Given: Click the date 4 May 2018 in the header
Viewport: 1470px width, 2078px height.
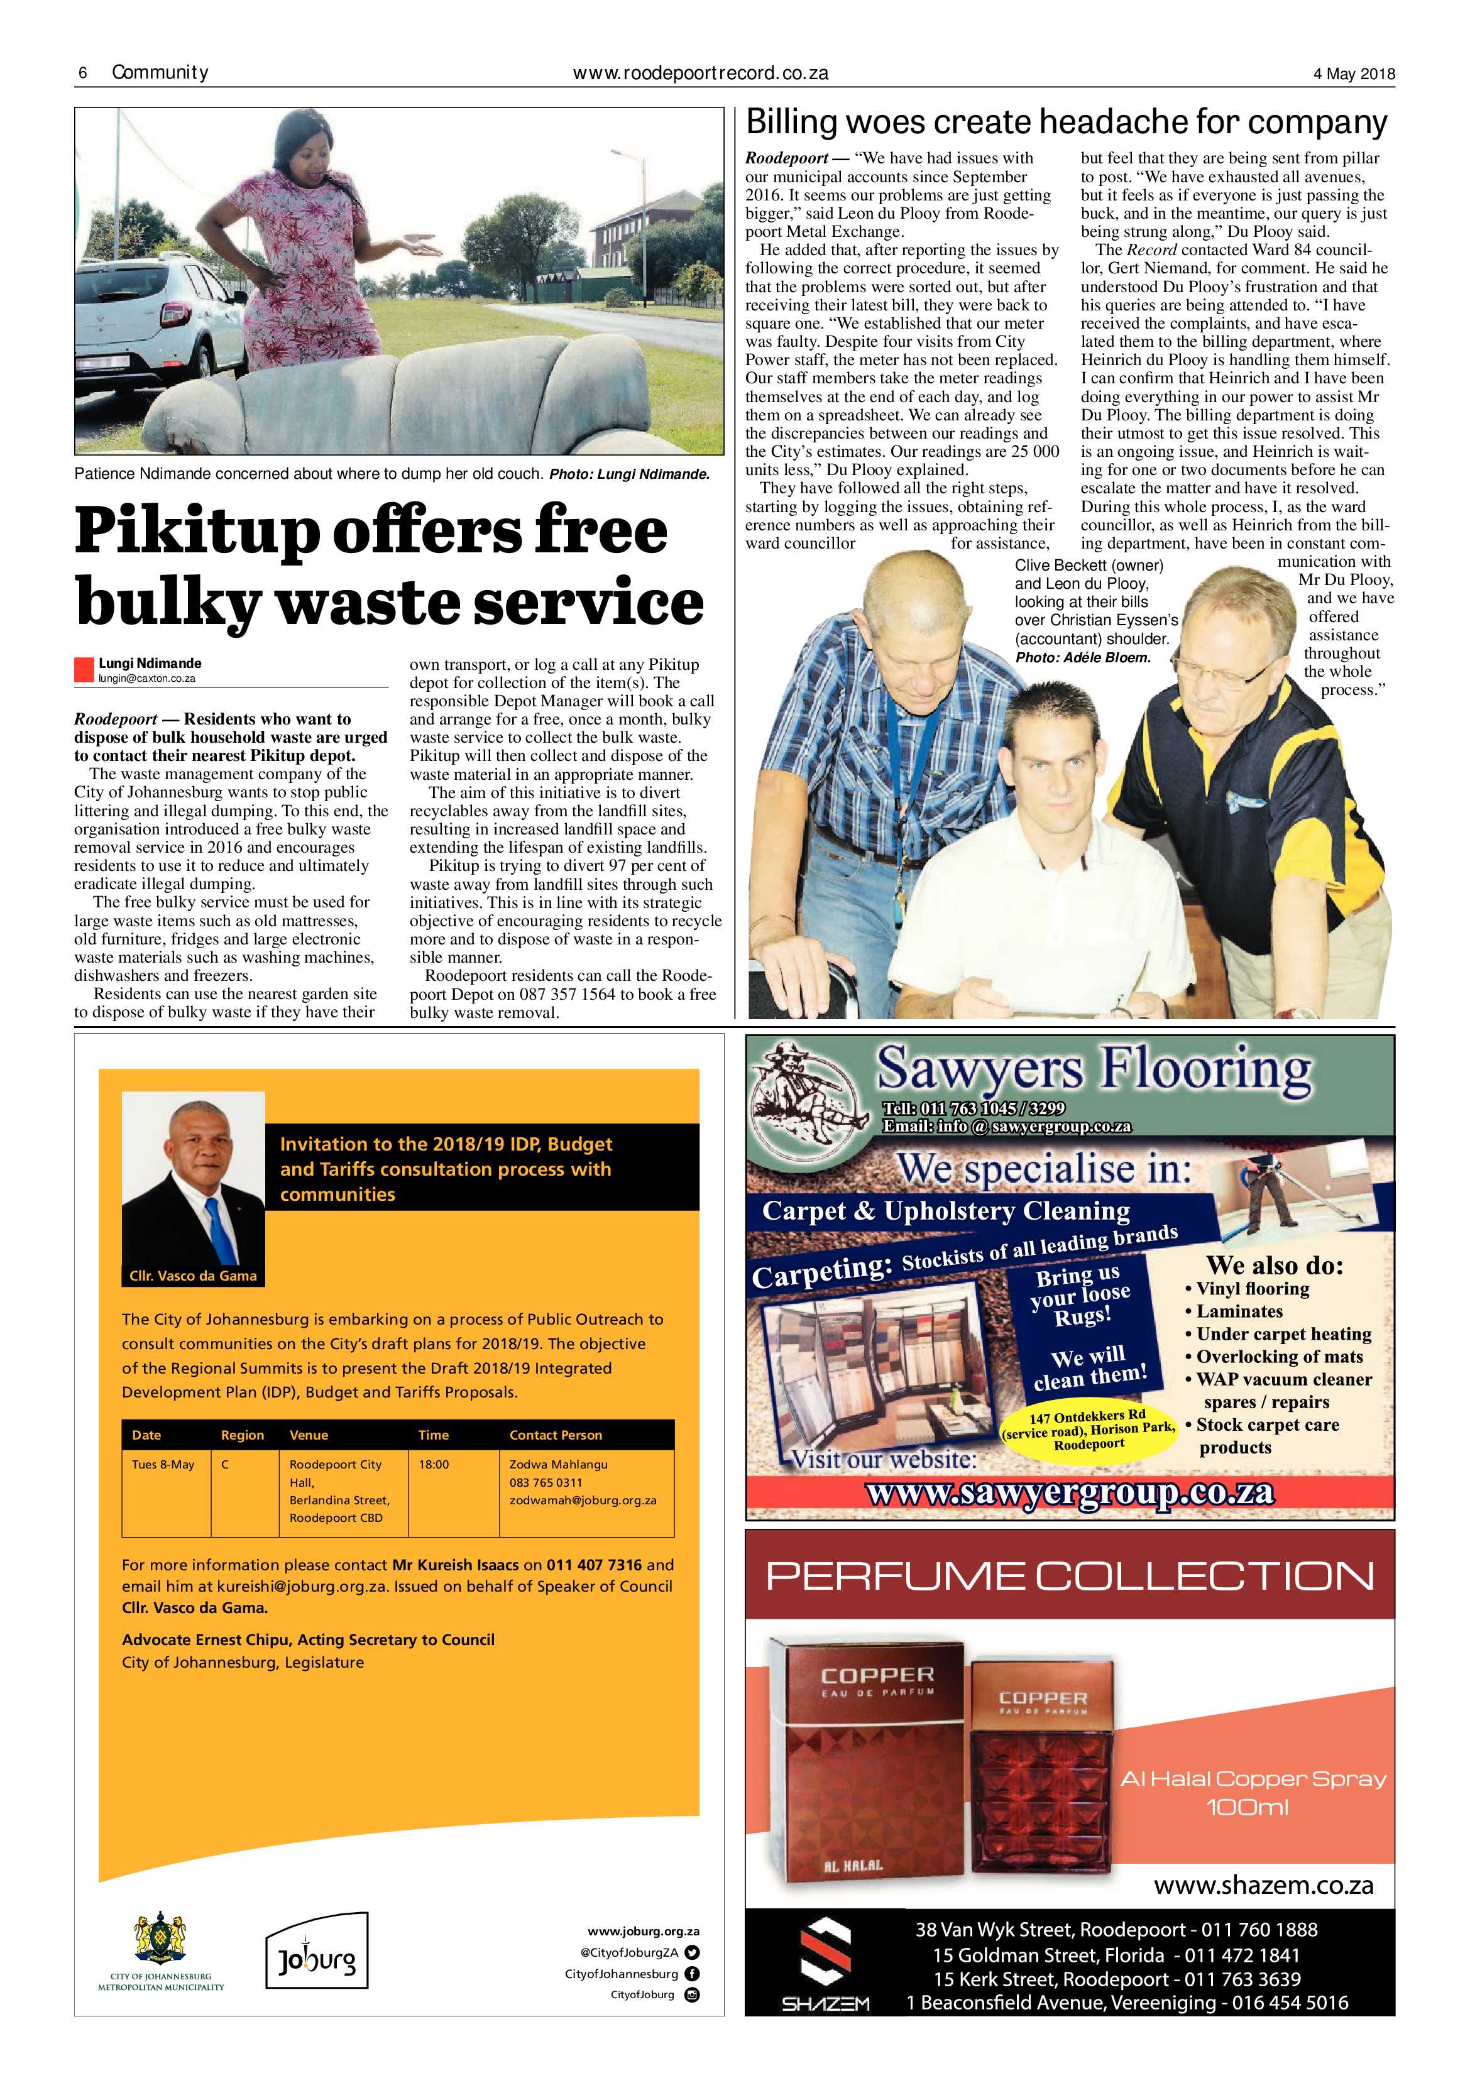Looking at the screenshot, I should (x=1353, y=74).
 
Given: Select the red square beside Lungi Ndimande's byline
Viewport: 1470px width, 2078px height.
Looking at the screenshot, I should (x=84, y=670).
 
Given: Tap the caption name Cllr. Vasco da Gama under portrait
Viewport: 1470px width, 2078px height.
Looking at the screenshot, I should (x=193, y=1276).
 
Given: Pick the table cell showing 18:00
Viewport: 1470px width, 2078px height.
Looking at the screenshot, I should (x=434, y=1464).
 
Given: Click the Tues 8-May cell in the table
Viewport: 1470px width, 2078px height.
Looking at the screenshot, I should (x=163, y=1464).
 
